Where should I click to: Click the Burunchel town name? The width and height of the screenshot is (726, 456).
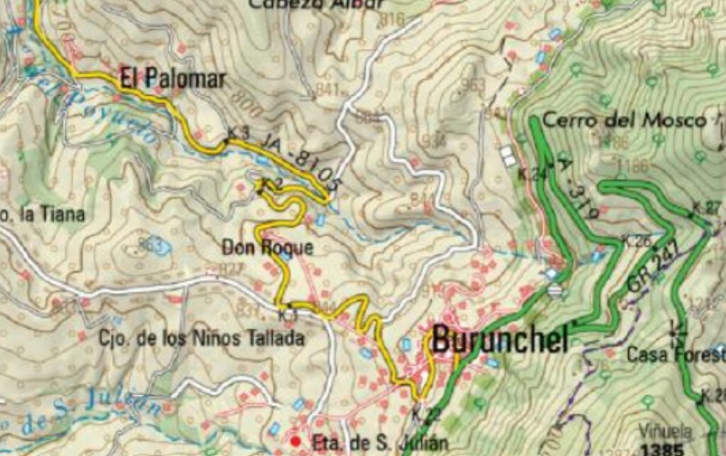[x=500, y=339]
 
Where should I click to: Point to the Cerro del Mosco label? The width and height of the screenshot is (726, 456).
[x=624, y=120]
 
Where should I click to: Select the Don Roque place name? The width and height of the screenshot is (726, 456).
[x=268, y=247]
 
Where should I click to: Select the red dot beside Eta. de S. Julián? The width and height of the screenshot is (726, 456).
[x=295, y=442]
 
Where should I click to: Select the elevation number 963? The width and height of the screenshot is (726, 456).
[x=473, y=84]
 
